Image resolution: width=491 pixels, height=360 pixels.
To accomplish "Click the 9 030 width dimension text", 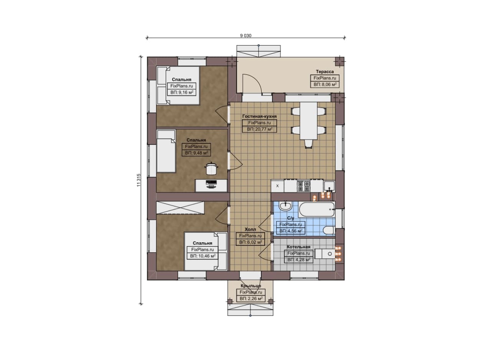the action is (246, 36).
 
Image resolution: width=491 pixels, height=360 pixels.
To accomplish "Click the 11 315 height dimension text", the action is (139, 180).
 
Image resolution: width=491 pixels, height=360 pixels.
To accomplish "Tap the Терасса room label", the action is (325, 72).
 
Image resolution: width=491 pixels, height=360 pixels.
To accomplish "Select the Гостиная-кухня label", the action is (259, 116).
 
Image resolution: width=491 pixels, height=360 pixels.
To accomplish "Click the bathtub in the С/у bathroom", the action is (317, 210).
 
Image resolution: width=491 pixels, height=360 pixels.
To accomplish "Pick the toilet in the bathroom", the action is (329, 230).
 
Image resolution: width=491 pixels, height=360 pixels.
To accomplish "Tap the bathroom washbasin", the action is (285, 206).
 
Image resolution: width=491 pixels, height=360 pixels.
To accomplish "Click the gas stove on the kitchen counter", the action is (303, 186).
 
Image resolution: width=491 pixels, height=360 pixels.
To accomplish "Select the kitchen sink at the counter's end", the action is (330, 186).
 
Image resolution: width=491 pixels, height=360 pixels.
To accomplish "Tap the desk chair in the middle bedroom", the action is (211, 168).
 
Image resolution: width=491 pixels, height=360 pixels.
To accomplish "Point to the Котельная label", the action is (298, 247).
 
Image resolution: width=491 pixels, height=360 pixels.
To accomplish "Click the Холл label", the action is (250, 229).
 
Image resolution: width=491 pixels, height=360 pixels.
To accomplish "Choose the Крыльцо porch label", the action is (251, 286).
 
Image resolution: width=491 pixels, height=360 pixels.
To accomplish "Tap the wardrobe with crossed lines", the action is (180, 208).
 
